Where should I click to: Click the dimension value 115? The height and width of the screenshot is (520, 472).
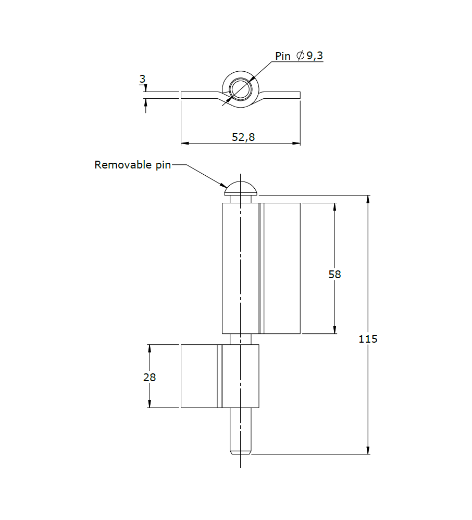point(368,339)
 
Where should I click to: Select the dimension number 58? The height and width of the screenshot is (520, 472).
point(334,274)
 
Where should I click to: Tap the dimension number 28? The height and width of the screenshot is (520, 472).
point(150,378)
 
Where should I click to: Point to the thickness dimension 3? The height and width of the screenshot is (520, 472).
point(142,80)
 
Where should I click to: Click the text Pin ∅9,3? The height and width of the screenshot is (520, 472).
point(299,56)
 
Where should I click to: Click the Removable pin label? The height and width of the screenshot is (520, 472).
point(132,165)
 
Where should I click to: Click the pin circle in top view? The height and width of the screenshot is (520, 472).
point(240,88)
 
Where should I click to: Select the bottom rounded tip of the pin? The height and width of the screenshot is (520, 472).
point(240,450)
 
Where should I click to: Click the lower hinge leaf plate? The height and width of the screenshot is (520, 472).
point(199,375)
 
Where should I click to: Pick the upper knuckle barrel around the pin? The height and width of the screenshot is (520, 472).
point(240,268)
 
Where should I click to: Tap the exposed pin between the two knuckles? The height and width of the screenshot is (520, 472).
point(240,339)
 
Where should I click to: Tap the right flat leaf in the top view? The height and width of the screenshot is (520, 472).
point(284,95)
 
